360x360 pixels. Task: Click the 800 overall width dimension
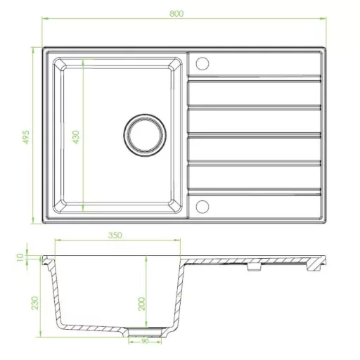(x=176, y=14)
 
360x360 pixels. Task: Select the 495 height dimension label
(x=26, y=137)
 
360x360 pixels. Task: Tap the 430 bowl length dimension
(x=76, y=137)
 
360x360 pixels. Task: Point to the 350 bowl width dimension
(x=115, y=236)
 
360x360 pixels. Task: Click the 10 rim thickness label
(x=20, y=257)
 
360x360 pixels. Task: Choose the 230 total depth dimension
(x=35, y=303)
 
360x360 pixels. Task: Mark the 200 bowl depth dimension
(x=141, y=304)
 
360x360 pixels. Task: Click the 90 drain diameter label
(x=145, y=341)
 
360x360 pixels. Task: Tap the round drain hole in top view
(x=145, y=135)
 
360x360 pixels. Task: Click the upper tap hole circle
(x=202, y=63)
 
